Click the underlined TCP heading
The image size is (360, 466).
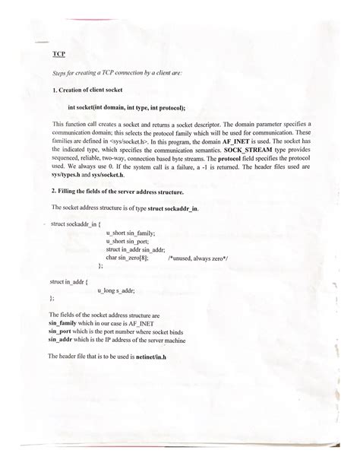[x=58, y=55]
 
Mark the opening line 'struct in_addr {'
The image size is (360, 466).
[x=69, y=282]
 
